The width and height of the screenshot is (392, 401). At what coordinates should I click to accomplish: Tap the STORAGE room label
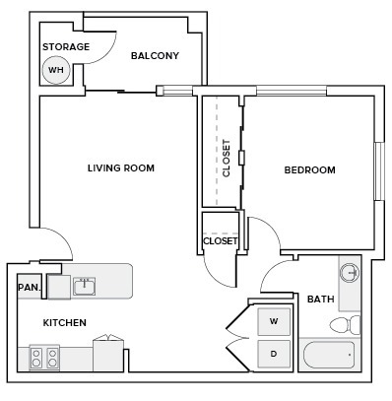(66, 47)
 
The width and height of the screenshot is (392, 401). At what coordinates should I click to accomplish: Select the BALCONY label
(155, 56)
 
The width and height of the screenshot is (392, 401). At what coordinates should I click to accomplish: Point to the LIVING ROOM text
(120, 168)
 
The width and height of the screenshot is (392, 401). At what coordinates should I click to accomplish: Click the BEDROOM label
(309, 170)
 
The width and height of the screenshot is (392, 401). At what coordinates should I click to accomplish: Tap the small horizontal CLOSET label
(220, 240)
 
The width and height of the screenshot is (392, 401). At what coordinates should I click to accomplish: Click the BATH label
(319, 300)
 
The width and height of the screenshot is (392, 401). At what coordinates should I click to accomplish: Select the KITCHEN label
(64, 323)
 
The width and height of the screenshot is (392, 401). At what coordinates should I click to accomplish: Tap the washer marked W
(273, 321)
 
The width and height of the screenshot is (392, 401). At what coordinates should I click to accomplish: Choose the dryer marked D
(273, 353)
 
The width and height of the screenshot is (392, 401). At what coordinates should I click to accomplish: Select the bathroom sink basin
(349, 272)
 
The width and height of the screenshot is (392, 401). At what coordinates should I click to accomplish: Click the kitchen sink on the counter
(84, 287)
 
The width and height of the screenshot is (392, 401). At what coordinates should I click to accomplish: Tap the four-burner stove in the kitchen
(44, 357)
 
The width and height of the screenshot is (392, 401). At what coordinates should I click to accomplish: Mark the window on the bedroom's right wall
(377, 171)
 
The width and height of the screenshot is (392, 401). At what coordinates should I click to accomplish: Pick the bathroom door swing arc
(276, 281)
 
